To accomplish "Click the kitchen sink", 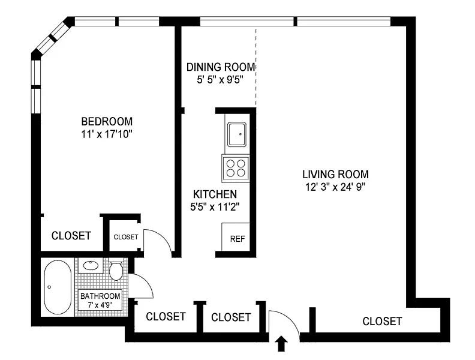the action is point(236,134).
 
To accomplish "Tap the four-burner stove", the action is point(236,168).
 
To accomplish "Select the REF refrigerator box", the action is point(236,237).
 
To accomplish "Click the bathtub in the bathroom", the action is point(58,287).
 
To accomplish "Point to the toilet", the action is point(116,269).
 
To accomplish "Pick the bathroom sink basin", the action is point(91,265).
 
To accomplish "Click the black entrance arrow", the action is point(282,343).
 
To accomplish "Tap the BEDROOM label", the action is point(107,122).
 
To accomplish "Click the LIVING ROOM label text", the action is point(335,174).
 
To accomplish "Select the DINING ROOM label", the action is point(221,67).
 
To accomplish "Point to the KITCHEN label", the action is point(215,194).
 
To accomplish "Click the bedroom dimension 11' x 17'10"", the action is point(107,134).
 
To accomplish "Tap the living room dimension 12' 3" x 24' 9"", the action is point(335,187).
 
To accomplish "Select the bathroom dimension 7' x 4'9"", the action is point(100,305).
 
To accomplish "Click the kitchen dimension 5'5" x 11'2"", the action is point(215,207).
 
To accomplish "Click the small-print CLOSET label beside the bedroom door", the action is point(126,237).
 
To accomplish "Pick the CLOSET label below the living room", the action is point(382,321).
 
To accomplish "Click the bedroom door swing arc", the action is point(164,236).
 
